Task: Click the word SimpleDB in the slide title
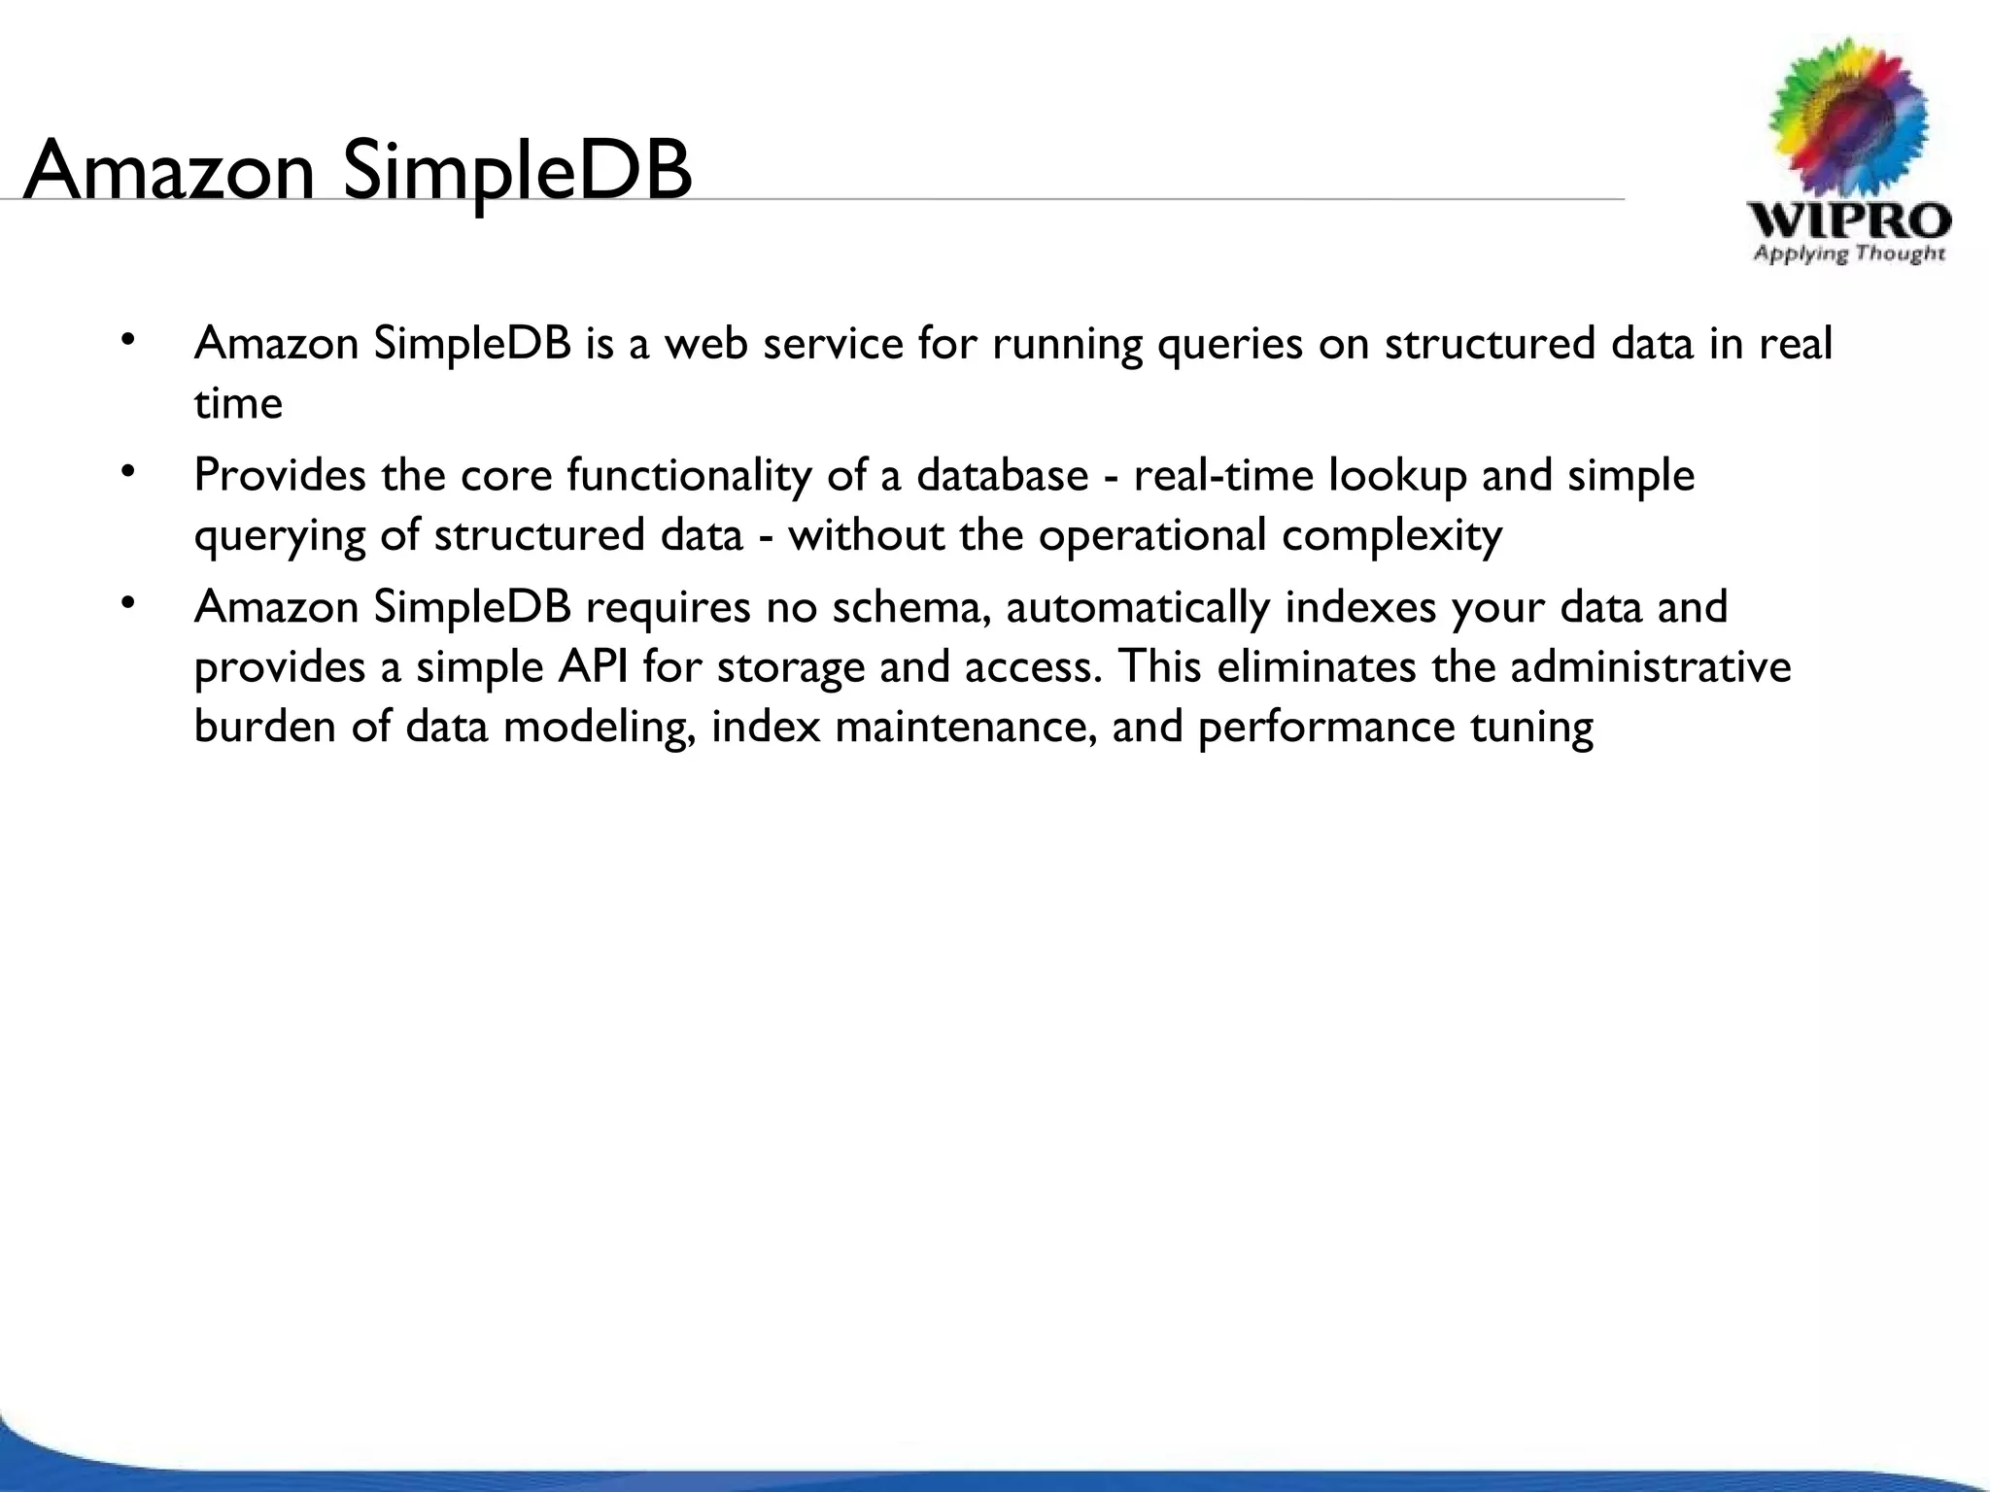tap(517, 171)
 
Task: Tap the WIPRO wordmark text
tap(1849, 220)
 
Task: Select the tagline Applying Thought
tap(1849, 254)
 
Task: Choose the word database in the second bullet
tap(1002, 475)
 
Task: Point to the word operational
tap(1151, 535)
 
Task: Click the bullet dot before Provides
tap(125, 472)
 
